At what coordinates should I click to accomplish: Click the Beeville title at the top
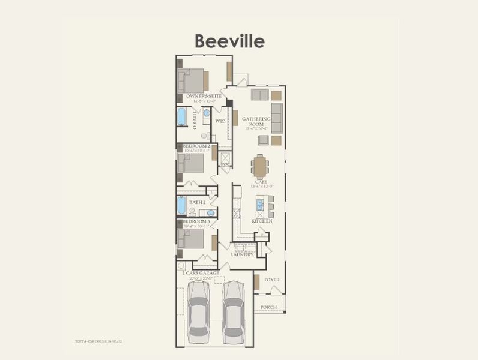coord(229,41)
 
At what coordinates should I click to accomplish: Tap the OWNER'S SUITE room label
coord(204,96)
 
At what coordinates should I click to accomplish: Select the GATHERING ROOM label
coord(256,122)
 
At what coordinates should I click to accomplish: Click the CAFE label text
coord(261,181)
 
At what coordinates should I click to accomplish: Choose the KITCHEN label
coord(262,221)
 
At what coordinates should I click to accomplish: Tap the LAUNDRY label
coord(241,254)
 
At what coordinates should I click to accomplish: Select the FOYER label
coord(272,280)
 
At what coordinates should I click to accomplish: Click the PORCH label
coord(268,307)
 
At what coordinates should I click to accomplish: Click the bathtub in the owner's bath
coord(181,116)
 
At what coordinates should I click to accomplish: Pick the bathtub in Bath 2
coord(181,206)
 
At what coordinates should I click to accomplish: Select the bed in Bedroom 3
coord(192,239)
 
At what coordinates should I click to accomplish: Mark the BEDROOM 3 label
coord(196,221)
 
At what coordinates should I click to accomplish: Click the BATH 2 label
coord(198,203)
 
